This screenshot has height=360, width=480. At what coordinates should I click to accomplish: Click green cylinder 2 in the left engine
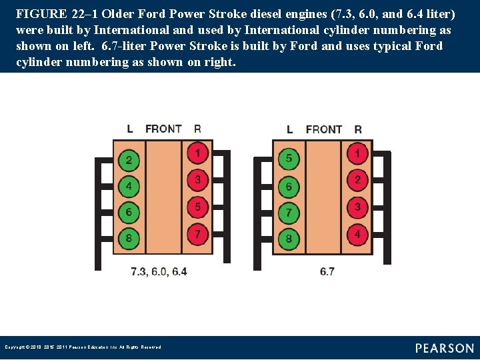[129, 160]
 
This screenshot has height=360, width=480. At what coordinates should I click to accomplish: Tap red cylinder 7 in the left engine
[197, 234]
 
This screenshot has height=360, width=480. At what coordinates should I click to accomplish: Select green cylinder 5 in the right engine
[289, 159]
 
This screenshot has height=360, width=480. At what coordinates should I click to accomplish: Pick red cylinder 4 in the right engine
[358, 234]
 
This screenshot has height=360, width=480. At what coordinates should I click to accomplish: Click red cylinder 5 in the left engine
[197, 207]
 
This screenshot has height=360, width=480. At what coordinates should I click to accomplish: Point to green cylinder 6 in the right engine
[289, 187]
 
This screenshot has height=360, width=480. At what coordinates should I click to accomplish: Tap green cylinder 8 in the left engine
[129, 238]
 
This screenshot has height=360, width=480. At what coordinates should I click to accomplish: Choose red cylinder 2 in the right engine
[358, 180]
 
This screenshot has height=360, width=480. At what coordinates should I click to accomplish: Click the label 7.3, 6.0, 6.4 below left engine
[159, 271]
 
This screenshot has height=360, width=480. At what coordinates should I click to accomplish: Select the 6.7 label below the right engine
[327, 271]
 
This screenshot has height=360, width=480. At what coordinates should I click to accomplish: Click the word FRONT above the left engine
[163, 129]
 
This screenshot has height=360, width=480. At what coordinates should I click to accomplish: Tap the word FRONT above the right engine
[324, 129]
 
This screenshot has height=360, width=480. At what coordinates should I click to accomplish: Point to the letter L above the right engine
[289, 129]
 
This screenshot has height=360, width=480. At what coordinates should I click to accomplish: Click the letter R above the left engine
[197, 129]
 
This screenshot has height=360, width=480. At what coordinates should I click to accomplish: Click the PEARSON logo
[444, 348]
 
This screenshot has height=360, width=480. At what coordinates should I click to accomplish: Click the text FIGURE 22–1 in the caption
[53, 13]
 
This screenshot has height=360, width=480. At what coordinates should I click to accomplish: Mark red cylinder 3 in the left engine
[197, 180]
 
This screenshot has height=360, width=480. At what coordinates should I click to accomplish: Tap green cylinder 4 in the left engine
[129, 186]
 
